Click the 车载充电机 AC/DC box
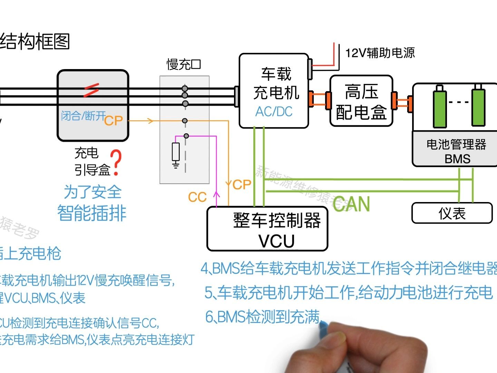click(274, 90)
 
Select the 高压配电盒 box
click(361, 101)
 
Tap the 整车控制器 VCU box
click(267, 229)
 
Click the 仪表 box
click(452, 213)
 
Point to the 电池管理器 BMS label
click(456, 151)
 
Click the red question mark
click(117, 162)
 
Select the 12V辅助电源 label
click(380, 53)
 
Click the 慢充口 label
click(184, 65)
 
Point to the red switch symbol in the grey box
click(91, 90)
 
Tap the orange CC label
click(197, 197)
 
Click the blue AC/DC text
click(274, 112)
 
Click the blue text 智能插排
click(92, 213)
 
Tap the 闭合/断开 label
click(83, 116)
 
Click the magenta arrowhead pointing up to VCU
click(216, 194)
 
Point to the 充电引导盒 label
click(91, 161)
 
